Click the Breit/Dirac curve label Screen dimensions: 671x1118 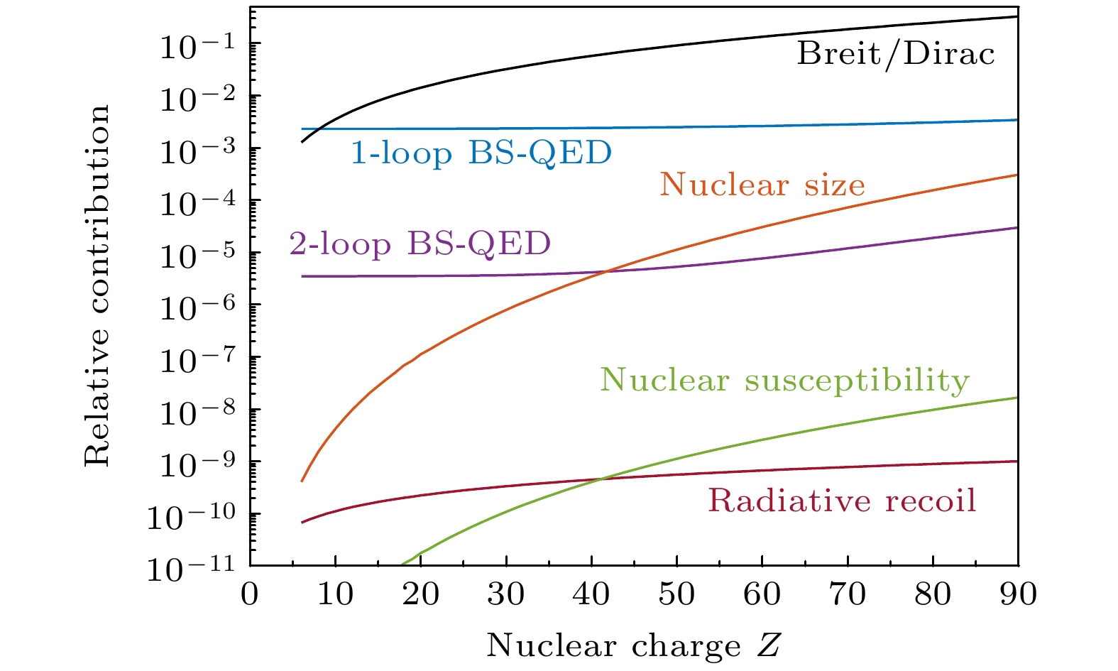click(x=896, y=55)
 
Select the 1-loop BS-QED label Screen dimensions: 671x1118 click(x=481, y=153)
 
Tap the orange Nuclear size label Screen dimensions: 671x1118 click(x=762, y=185)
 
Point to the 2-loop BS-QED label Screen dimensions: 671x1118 click(x=420, y=244)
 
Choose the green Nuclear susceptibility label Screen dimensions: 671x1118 click(x=784, y=380)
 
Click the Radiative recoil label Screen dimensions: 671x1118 click(x=842, y=501)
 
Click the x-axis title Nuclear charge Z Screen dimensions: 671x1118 click(x=634, y=646)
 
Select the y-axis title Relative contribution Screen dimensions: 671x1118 click(x=98, y=285)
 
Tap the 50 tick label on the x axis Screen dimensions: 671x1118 click(x=676, y=594)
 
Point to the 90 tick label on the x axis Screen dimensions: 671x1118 click(x=1018, y=594)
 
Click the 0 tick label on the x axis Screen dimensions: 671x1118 click(x=250, y=594)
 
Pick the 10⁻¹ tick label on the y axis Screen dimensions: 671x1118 click(x=189, y=46)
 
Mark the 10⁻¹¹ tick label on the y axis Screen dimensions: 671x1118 click(x=189, y=568)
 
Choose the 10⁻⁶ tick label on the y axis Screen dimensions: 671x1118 click(x=189, y=307)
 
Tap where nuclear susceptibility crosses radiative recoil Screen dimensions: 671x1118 click(x=601, y=480)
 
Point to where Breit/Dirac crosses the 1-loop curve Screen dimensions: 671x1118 click(x=319, y=129)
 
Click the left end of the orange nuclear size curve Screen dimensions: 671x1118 click(x=302, y=481)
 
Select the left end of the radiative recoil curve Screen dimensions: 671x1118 click(x=302, y=522)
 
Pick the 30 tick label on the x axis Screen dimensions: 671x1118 click(x=506, y=594)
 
